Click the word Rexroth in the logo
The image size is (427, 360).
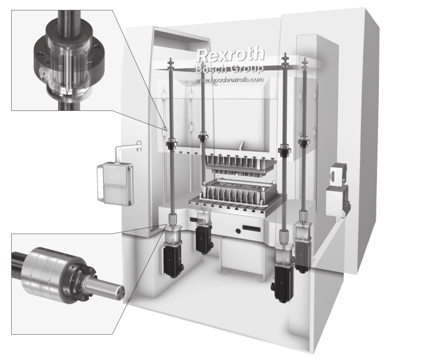tap(230, 55)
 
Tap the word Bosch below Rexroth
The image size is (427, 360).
tap(210, 69)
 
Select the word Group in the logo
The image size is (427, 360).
tap(247, 68)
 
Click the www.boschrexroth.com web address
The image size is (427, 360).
tap(230, 80)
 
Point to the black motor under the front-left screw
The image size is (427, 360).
tap(173, 260)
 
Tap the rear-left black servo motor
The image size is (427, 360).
tap(203, 239)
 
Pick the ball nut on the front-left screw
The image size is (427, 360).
tap(172, 142)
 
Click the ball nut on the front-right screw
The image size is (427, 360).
tap(285, 151)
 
